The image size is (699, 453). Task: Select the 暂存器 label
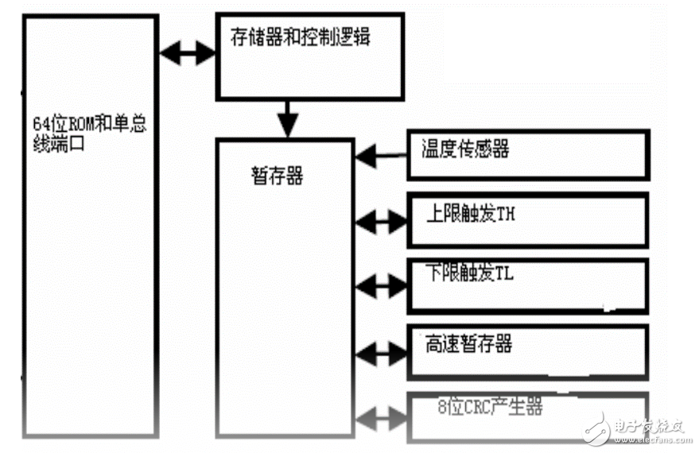(x=277, y=176)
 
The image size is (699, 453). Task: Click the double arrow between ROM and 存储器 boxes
(x=188, y=53)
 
